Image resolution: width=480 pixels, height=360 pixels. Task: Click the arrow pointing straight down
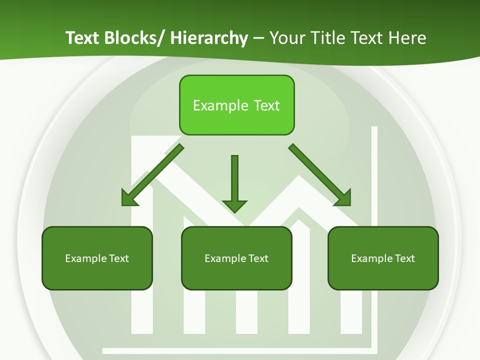tap(234, 180)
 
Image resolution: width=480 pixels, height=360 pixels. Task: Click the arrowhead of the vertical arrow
tap(234, 205)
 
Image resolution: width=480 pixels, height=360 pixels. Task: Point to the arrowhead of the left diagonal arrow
tap(129, 198)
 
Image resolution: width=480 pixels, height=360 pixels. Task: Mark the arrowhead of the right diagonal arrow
tap(343, 198)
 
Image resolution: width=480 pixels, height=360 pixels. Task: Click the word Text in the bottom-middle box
tap(258, 258)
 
